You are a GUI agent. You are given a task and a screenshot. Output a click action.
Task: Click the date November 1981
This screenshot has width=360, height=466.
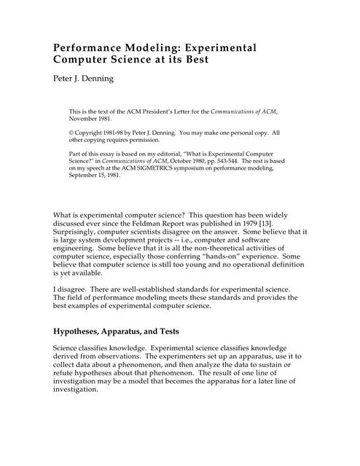pyautogui.click(x=93, y=119)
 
